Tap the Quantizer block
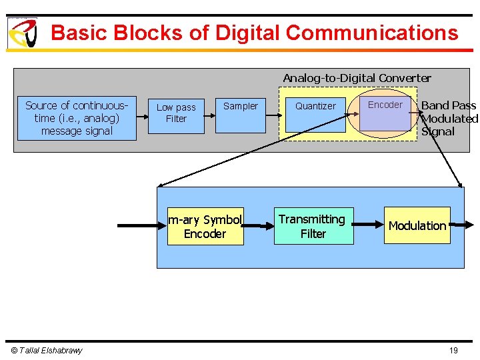(315, 113)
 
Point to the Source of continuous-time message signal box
(77, 119)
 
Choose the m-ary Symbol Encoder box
(205, 227)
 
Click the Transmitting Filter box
(313, 226)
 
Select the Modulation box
(417, 225)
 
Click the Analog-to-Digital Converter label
(357, 78)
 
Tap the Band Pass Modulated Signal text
(449, 118)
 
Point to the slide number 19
(453, 351)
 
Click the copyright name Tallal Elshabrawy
(47, 351)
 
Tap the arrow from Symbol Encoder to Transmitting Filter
(259, 226)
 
